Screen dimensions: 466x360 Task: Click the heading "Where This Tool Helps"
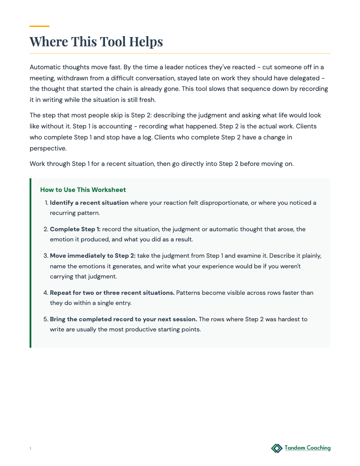[96, 42]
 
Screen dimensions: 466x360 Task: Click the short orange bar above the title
[39, 26]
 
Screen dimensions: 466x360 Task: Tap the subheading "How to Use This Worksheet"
[83, 190]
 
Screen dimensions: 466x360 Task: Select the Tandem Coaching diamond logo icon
[277, 448]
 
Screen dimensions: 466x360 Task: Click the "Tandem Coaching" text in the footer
[307, 448]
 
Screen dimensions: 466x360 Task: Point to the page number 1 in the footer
[30, 449]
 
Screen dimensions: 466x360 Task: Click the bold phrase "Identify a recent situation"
[89, 203]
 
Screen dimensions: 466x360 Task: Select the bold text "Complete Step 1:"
[75, 229]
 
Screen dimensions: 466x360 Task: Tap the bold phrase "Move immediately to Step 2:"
[93, 256]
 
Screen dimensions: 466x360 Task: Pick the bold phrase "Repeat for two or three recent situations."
[112, 293]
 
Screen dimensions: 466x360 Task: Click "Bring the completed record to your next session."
[123, 319]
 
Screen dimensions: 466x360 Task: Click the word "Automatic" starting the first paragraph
[45, 67]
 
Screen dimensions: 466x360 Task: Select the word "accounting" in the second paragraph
[96, 126]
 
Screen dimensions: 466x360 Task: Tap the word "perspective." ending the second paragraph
[48, 148]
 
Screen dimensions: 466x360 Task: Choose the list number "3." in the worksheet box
[45, 256]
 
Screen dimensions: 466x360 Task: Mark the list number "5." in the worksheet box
[45, 319]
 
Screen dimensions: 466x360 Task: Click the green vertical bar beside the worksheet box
[30, 263]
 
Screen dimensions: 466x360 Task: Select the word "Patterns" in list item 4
[189, 293]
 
